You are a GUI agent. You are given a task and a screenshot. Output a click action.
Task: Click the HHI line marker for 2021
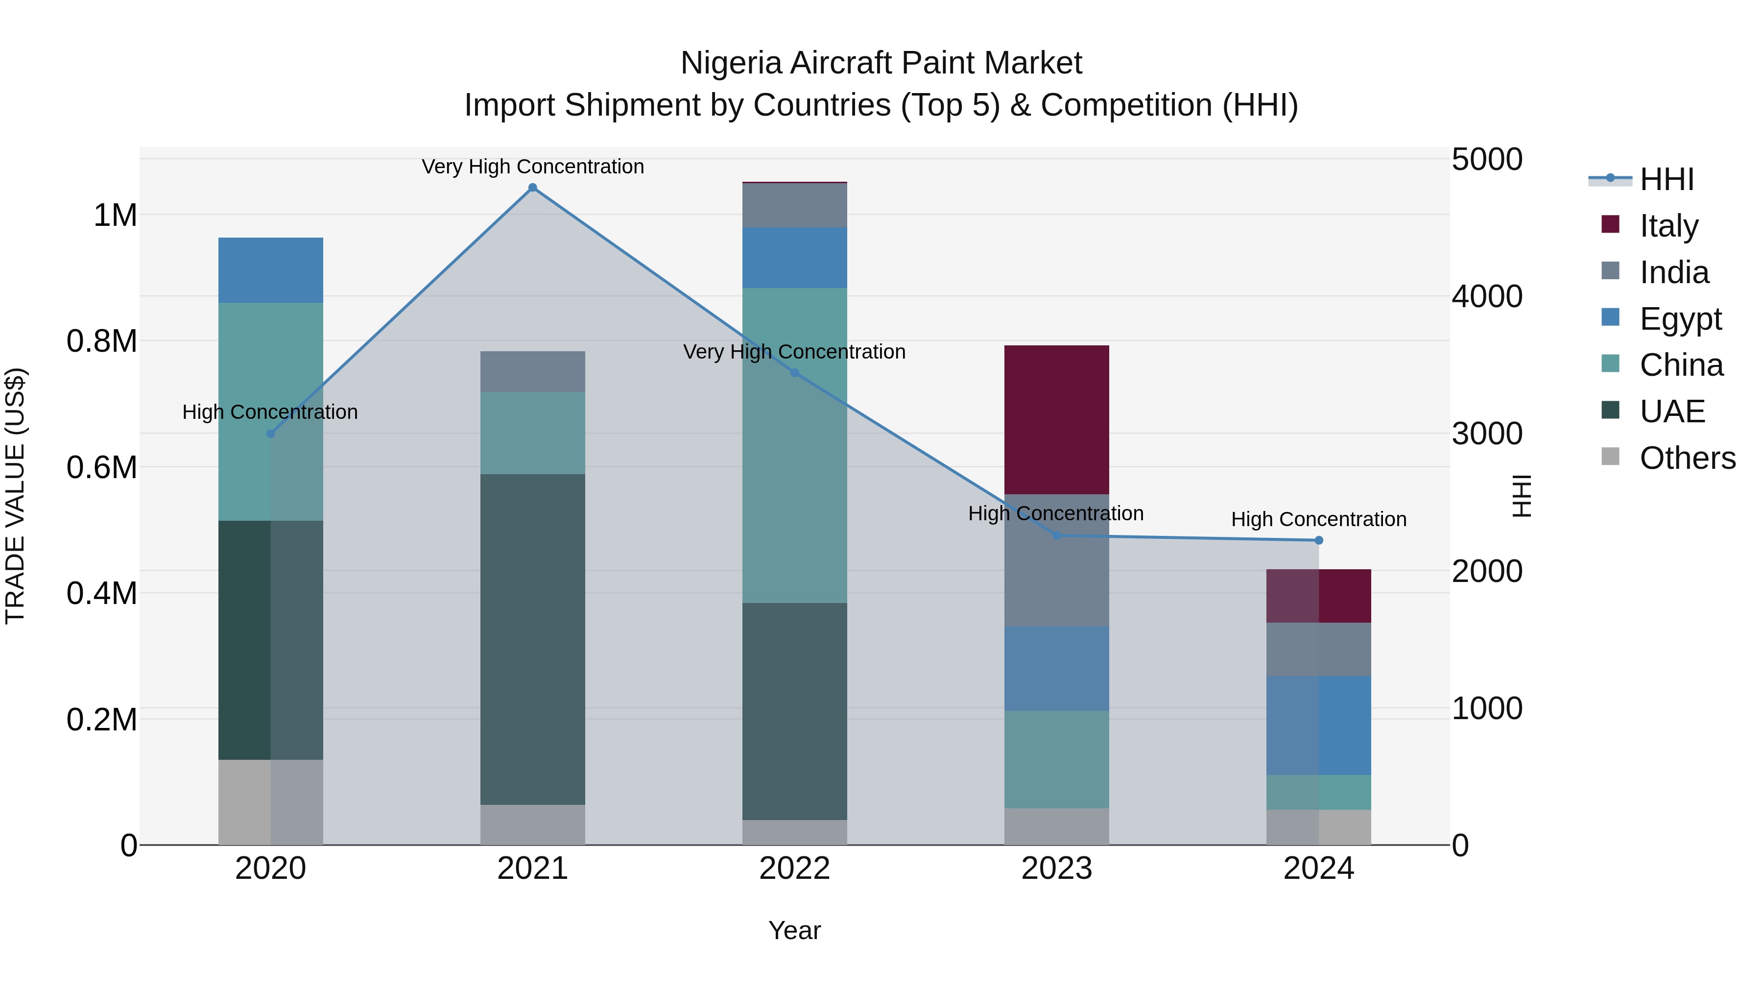(x=532, y=188)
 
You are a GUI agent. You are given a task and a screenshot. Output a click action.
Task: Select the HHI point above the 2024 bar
(x=1319, y=540)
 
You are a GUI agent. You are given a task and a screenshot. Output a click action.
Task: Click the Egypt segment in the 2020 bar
(x=270, y=270)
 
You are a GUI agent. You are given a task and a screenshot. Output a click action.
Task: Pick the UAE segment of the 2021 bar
(x=532, y=639)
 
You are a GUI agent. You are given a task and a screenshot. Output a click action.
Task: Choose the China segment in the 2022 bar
(x=795, y=445)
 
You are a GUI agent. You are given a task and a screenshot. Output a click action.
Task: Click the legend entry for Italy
(x=1668, y=225)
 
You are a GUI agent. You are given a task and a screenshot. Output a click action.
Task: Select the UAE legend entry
(x=1672, y=411)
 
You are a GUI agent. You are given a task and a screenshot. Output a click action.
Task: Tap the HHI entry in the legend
(x=1666, y=179)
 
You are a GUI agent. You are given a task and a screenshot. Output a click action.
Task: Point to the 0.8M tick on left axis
(x=101, y=341)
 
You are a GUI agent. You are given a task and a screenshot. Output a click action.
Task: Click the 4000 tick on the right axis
(x=1486, y=296)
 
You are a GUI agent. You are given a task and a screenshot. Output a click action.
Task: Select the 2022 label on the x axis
(x=795, y=869)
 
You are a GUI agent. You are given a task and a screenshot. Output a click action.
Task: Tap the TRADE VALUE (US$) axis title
(x=15, y=496)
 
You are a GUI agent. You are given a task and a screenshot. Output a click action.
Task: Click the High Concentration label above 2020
(x=270, y=412)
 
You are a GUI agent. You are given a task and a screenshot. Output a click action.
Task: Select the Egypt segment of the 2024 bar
(x=1319, y=725)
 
